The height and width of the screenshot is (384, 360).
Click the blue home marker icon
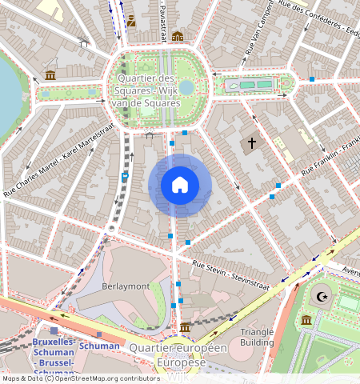[180, 186]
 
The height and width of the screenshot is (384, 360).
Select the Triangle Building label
[257, 337]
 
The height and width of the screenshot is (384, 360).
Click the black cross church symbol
[251, 144]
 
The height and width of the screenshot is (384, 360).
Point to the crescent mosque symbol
[323, 297]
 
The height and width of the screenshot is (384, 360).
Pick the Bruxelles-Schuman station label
[54, 352]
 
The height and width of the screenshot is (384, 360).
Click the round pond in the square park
[186, 86]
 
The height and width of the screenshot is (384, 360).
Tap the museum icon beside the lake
[50, 75]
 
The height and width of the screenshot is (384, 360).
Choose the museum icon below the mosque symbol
[306, 321]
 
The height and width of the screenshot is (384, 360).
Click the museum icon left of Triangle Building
[185, 328]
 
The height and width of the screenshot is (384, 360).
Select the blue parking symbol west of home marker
[125, 175]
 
